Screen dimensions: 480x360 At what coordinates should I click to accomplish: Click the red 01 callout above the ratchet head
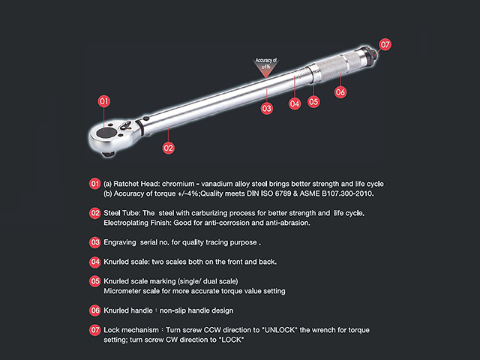(104, 101)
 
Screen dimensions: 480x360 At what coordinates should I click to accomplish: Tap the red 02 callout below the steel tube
(168, 148)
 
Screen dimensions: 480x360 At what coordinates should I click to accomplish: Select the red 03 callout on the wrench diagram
(267, 108)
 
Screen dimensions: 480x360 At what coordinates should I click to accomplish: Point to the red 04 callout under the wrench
(295, 103)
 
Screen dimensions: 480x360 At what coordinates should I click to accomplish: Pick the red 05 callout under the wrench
(313, 102)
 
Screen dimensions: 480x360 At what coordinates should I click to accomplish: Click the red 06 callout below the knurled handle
(340, 91)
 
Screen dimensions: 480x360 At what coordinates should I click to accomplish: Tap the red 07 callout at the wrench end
(385, 45)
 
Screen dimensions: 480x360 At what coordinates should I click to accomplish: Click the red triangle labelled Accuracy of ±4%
(266, 67)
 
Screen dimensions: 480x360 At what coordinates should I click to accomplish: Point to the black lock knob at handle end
(370, 54)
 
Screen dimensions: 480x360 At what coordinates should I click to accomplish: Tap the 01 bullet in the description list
(95, 184)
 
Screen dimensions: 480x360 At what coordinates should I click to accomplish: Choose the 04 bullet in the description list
(95, 262)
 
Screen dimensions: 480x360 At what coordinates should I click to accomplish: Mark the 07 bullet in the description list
(95, 330)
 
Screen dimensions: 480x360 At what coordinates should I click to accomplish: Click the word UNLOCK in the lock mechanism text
(280, 330)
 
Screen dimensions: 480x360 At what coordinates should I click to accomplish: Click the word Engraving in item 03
(120, 242)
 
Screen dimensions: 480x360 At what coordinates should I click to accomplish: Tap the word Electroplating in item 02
(126, 223)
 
